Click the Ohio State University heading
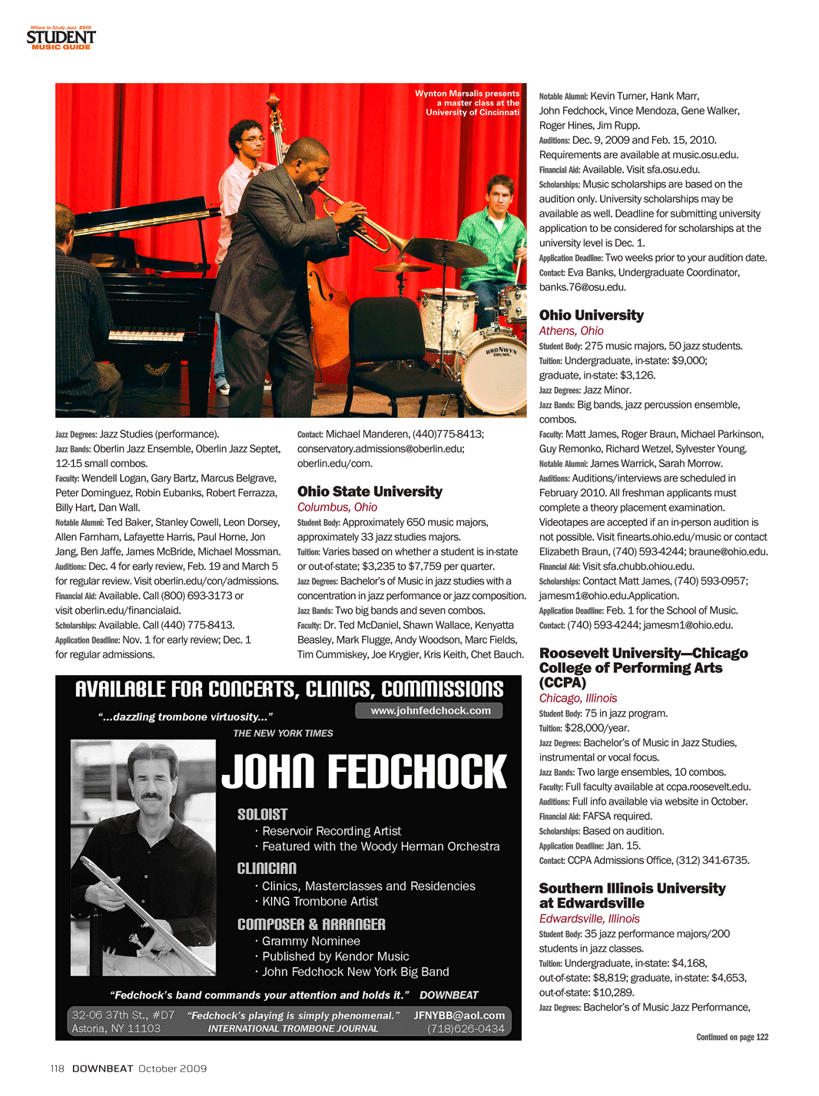point(370,492)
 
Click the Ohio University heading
point(591,315)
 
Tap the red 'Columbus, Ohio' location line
point(337,507)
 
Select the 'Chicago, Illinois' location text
point(578,698)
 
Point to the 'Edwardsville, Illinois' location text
point(589,919)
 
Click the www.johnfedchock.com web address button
point(430,711)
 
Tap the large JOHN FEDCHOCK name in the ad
point(364,772)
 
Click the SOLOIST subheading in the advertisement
point(262,814)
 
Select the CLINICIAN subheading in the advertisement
point(267,868)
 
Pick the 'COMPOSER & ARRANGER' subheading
point(311,924)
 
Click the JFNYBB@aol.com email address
point(459,1015)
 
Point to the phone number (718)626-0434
point(466,1028)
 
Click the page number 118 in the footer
point(58,1068)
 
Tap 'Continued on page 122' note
point(731,1037)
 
